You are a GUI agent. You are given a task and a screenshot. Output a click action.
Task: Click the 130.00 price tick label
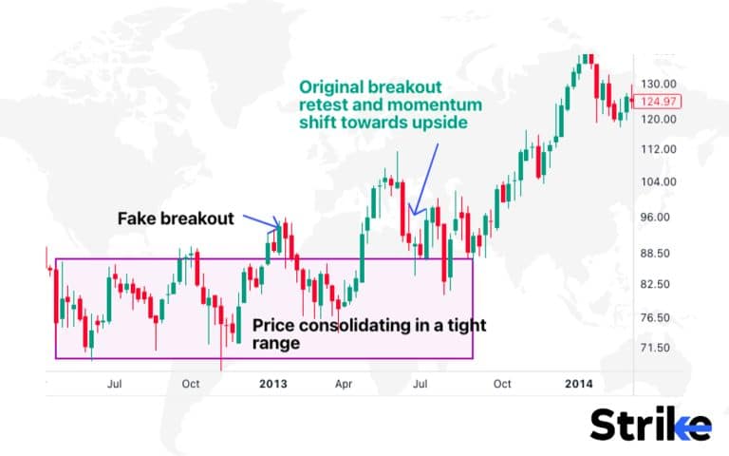coord(658,84)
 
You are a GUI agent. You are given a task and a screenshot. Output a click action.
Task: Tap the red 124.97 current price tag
coord(660,102)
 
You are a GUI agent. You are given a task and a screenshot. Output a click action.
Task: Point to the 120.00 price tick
coord(658,120)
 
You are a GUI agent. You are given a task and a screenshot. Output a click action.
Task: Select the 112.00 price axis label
coord(658,150)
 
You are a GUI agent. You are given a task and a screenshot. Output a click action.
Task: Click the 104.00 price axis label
coord(658,182)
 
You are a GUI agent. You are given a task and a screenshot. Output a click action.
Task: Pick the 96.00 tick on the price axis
coord(656,218)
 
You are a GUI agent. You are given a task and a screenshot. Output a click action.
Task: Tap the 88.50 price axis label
coord(656,254)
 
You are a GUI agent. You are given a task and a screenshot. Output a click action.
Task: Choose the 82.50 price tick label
coord(656,285)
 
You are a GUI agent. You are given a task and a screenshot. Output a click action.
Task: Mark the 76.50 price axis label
coord(656,318)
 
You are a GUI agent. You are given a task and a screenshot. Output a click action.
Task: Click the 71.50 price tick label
coord(656,348)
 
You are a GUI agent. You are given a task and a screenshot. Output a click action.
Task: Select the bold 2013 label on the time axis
coord(272,384)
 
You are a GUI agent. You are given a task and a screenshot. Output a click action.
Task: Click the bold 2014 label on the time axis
coord(579,384)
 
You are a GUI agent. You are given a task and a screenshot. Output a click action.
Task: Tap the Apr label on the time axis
coord(346,384)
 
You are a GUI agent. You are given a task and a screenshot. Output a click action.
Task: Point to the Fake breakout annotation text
coord(176,218)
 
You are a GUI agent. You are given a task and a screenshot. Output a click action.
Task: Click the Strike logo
coord(650,425)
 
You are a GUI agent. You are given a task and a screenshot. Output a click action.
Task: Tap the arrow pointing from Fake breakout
coord(259,222)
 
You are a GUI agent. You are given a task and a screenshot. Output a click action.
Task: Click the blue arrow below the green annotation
coord(423,177)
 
